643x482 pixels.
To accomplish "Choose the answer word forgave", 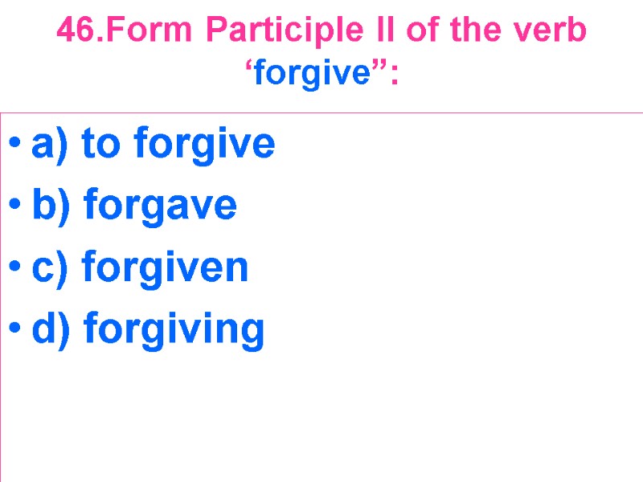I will pos(160,206).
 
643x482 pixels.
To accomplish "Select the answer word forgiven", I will pos(166,267).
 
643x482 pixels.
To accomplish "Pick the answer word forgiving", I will pos(174,329).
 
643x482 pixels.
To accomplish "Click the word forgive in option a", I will pos(205,145).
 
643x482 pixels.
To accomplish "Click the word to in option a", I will pos(104,145).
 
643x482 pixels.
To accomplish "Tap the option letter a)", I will pos(52,145).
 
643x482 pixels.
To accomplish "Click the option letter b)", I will pos(52,206).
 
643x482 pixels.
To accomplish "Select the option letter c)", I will pos(51,267).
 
